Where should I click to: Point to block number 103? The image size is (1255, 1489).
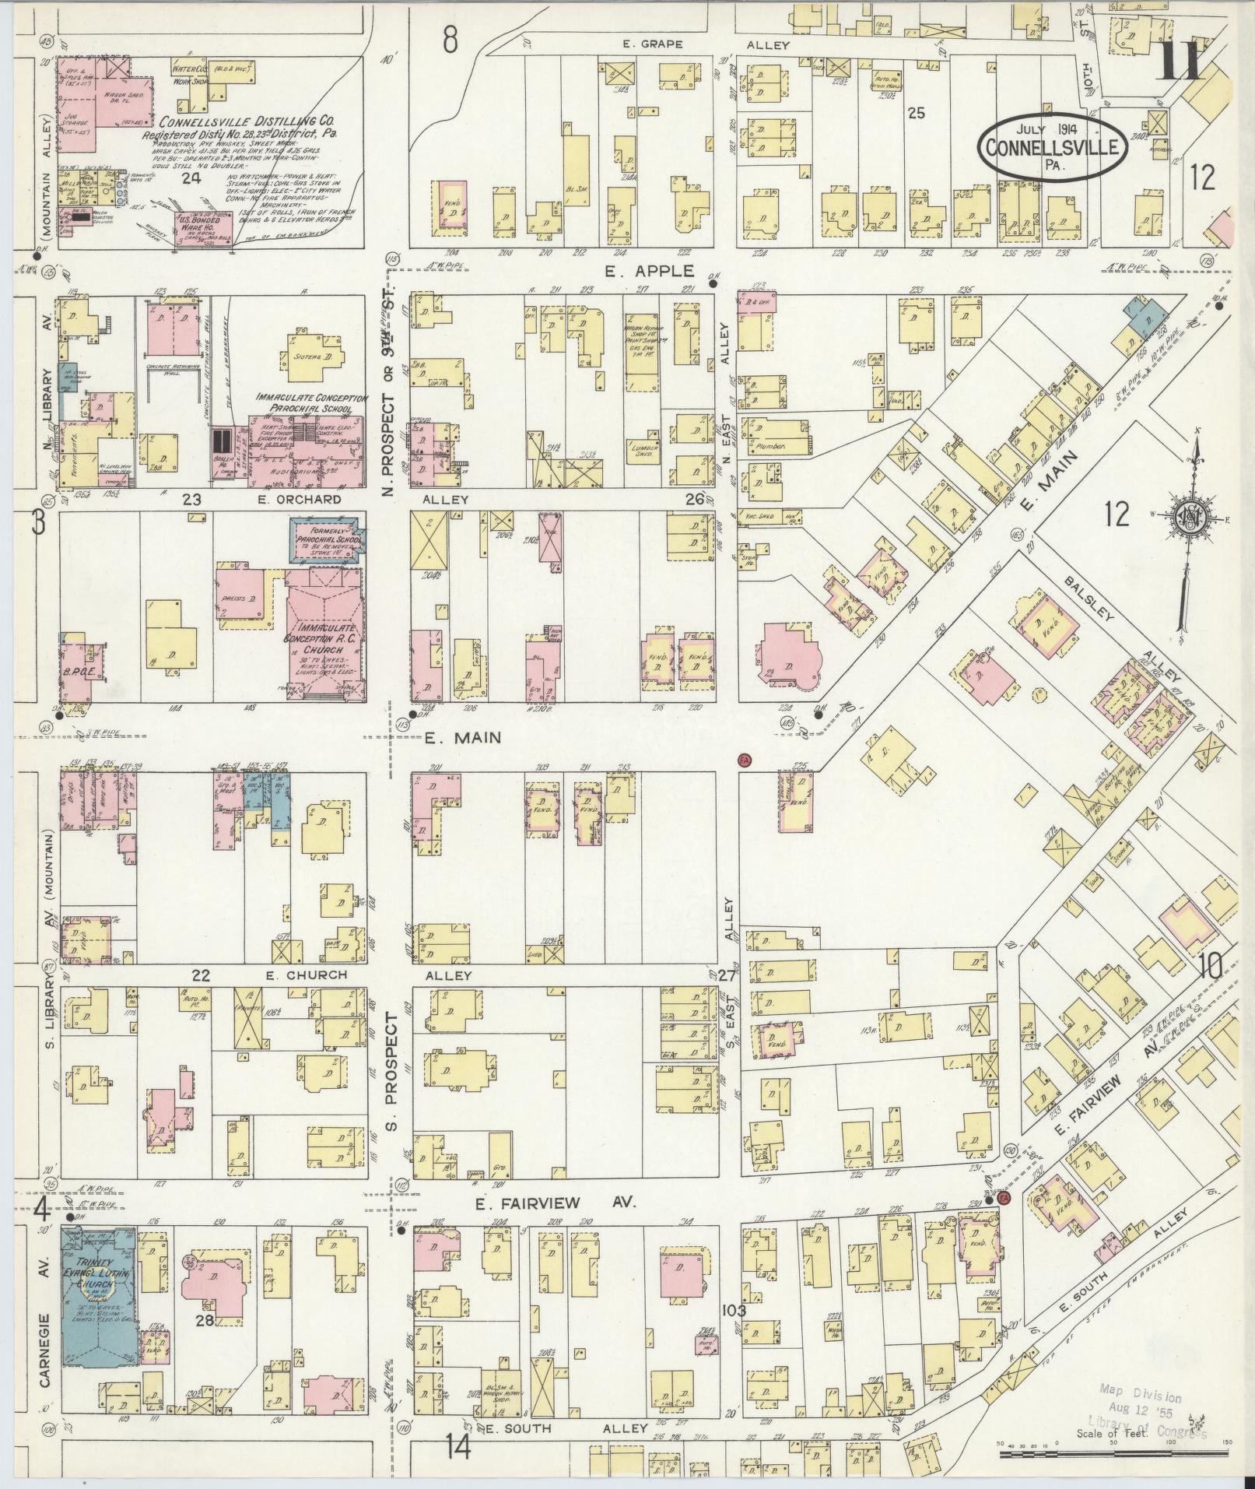[734, 1311]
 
